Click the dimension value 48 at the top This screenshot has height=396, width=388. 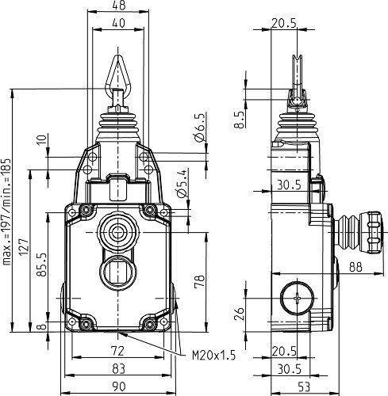[x=119, y=6]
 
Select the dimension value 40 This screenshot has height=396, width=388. [x=119, y=24]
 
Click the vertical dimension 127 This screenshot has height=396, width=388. [x=24, y=248]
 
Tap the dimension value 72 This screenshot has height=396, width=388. [x=117, y=349]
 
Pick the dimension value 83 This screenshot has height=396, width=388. [x=117, y=367]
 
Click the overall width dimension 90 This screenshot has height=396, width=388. [x=117, y=386]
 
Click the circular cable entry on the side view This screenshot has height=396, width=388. [x=296, y=301]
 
